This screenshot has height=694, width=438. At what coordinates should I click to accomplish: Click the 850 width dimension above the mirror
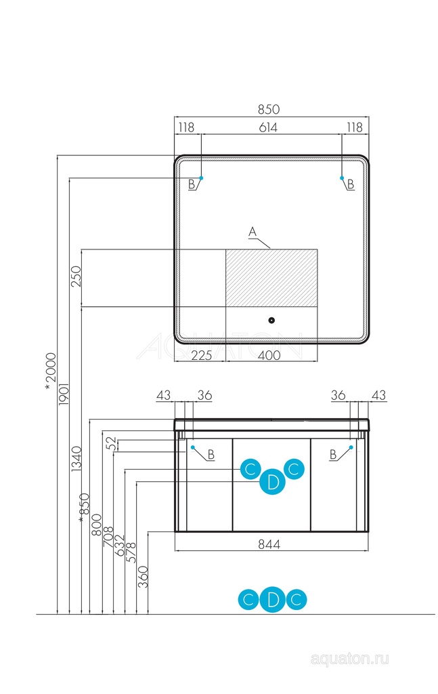click(268, 109)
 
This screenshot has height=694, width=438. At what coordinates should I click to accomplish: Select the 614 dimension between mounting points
click(268, 127)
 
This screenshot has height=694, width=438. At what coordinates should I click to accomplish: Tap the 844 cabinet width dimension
click(269, 544)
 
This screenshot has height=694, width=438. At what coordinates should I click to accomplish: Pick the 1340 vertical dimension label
click(76, 459)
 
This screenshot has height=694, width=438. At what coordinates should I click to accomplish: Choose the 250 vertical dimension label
click(76, 277)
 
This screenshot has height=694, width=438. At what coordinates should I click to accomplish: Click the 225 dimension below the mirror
click(202, 355)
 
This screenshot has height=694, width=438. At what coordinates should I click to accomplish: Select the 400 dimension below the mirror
click(269, 355)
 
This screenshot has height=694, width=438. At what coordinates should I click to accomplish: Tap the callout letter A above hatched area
click(253, 232)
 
